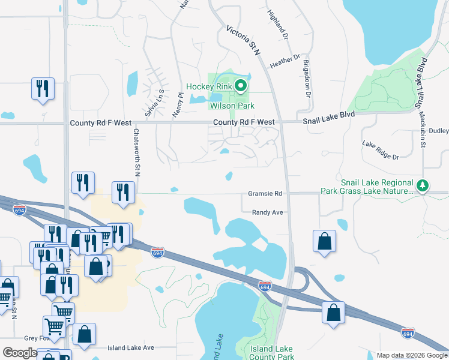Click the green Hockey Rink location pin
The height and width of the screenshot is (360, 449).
click(x=241, y=86)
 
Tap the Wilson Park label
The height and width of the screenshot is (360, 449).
click(x=232, y=106)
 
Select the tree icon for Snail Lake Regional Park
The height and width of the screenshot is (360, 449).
click(x=423, y=186)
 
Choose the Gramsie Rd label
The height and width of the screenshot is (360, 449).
click(x=265, y=194)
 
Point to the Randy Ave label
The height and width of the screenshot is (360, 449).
click(x=267, y=212)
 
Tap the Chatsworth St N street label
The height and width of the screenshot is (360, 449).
click(x=137, y=152)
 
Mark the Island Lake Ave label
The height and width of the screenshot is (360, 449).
click(x=130, y=347)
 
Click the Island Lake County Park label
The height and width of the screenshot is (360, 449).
click(x=272, y=353)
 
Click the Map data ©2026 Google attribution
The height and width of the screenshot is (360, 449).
click(x=412, y=355)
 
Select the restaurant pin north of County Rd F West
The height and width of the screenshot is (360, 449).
click(x=43, y=89)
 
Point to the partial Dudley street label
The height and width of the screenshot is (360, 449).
click(x=439, y=130)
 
